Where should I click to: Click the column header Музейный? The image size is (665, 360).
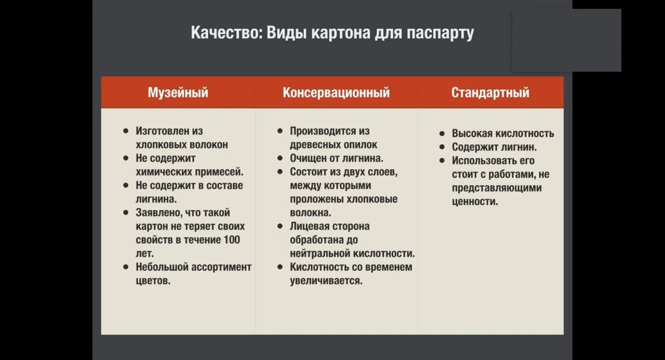[178, 93]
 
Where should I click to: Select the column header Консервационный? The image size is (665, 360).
[336, 93]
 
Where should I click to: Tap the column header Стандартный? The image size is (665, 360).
[490, 93]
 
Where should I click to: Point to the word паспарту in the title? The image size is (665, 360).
[440, 33]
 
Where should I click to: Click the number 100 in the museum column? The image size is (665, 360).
[232, 240]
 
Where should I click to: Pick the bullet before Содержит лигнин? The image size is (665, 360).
[442, 147]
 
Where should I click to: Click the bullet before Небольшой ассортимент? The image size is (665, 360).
[126, 267]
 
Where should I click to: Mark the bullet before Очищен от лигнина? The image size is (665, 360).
[280, 158]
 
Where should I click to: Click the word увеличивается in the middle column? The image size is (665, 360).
[326, 281]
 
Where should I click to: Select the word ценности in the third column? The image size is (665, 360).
[475, 202]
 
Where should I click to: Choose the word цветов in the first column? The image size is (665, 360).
[153, 281]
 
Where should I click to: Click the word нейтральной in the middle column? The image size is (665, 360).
[318, 254]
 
